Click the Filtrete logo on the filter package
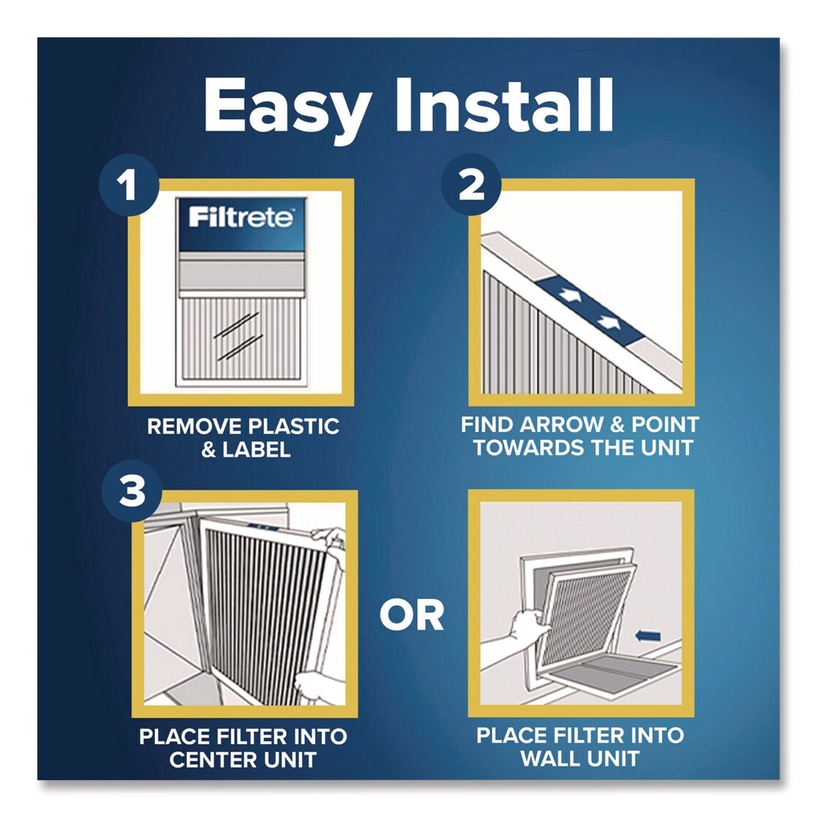tap(240, 218)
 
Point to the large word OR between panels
tap(412, 616)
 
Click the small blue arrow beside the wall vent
tap(648, 636)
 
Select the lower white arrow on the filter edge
tap(608, 322)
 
